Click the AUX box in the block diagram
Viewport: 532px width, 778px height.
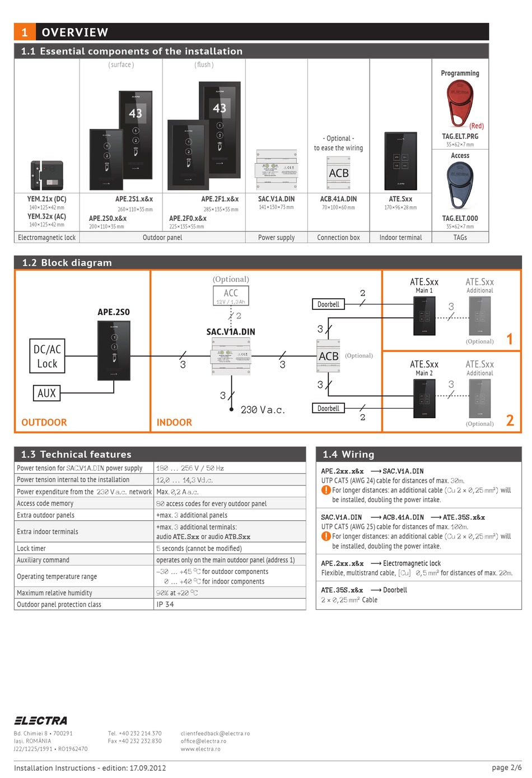pyautogui.click(x=46, y=393)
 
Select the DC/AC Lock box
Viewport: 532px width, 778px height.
pyautogui.click(x=47, y=356)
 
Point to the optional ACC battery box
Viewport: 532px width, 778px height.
pyautogui.click(x=230, y=295)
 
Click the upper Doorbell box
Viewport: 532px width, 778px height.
pyautogui.click(x=328, y=304)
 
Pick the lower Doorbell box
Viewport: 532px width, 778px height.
pyautogui.click(x=328, y=408)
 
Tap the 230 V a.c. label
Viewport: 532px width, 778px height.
pyautogui.click(x=262, y=410)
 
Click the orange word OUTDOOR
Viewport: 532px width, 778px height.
pyautogui.click(x=44, y=423)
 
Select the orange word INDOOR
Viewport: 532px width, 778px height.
pyautogui.click(x=174, y=423)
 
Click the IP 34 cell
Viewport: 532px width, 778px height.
pyautogui.click(x=165, y=604)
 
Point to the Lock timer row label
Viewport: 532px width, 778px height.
pyautogui.click(x=31, y=548)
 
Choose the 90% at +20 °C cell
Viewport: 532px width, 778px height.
pyautogui.click(x=177, y=592)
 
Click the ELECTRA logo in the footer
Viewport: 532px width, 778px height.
pyautogui.click(x=40, y=720)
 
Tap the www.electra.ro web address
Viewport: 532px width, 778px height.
pyautogui.click(x=200, y=748)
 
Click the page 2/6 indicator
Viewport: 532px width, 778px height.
pyautogui.click(x=506, y=767)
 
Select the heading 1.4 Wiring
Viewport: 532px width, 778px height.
pyautogui.click(x=348, y=454)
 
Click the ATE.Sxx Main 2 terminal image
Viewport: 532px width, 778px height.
pyautogui.click(x=424, y=398)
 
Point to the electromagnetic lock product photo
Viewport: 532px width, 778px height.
pyautogui.click(x=46, y=175)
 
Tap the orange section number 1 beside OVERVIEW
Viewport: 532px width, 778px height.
pyautogui.click(x=25, y=32)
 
